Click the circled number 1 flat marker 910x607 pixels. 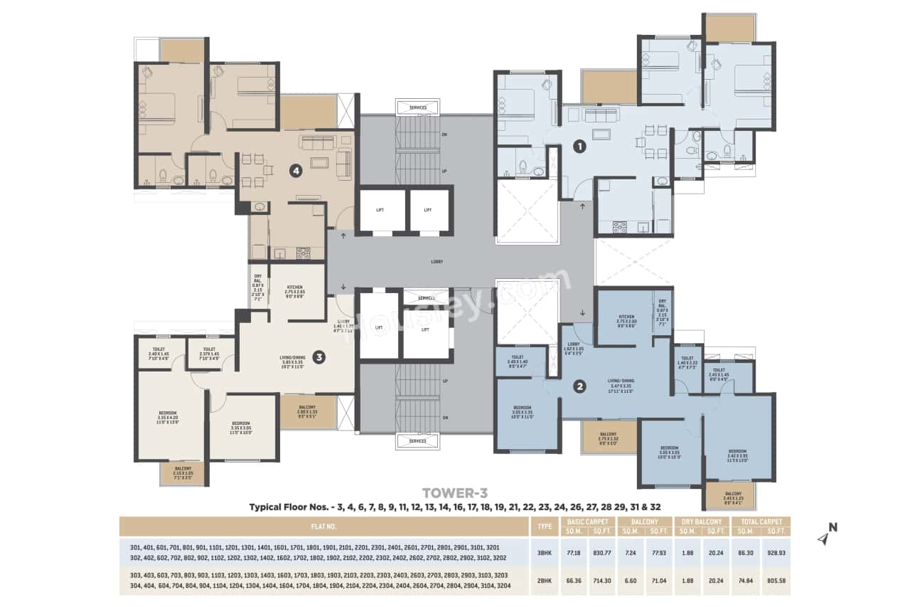click(x=579, y=147)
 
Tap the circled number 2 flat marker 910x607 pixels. click(x=580, y=386)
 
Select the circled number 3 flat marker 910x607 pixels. click(x=319, y=357)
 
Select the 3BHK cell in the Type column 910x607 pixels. click(x=546, y=551)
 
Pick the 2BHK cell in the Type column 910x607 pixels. click(x=546, y=580)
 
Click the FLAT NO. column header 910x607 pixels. click(x=323, y=527)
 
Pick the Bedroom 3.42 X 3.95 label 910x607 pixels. click(x=737, y=455)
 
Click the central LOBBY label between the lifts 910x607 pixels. click(x=437, y=262)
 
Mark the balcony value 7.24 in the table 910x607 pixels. click(x=628, y=551)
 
